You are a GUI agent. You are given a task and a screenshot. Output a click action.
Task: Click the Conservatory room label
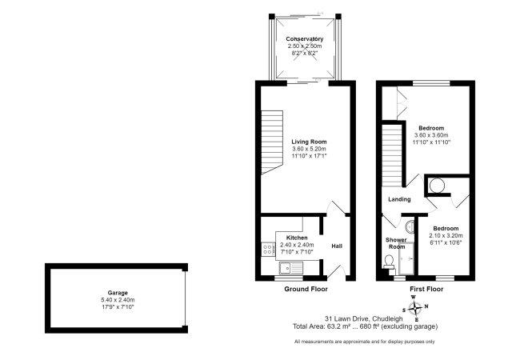[x=304, y=38]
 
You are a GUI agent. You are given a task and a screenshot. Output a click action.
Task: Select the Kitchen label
[x=298, y=238]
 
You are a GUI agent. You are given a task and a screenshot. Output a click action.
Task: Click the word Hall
[x=337, y=246]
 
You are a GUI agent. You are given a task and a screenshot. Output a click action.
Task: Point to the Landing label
[x=399, y=199]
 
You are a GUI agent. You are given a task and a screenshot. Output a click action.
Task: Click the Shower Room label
[x=397, y=243]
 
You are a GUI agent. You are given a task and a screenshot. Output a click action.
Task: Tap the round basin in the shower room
[x=410, y=226]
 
